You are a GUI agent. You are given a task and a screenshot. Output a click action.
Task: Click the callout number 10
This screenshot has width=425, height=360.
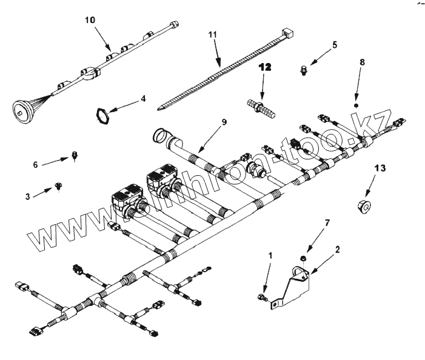click(x=90, y=21)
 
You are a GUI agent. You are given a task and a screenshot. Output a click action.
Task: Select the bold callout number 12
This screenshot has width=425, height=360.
click(x=265, y=67)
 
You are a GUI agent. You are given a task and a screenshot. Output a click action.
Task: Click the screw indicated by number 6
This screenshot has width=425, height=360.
click(x=75, y=155)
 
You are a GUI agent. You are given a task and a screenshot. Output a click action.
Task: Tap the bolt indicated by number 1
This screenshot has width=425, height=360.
click(x=261, y=297)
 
